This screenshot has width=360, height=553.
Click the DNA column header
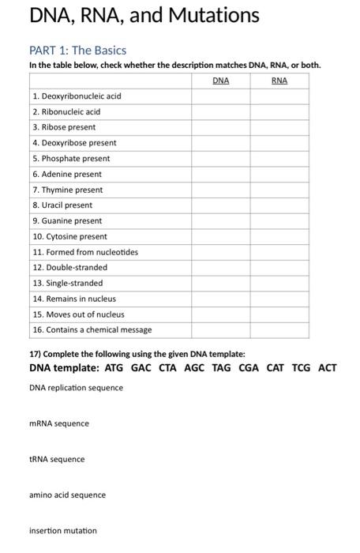[x=220, y=81]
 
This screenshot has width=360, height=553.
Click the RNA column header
[x=279, y=81]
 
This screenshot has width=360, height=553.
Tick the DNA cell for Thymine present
[x=220, y=190]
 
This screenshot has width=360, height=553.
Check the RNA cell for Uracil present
[x=279, y=205]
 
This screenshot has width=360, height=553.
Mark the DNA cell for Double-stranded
[x=220, y=268]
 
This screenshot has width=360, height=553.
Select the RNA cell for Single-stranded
[x=279, y=283]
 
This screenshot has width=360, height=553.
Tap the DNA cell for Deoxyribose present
[x=220, y=143]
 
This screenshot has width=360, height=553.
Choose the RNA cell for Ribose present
[x=279, y=127]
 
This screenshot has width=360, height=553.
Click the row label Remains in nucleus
[x=74, y=299]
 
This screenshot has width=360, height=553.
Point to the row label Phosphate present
[x=71, y=159]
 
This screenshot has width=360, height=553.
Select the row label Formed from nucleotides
[x=85, y=252]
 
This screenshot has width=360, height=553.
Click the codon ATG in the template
[x=114, y=368]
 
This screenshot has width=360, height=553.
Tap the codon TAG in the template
[x=223, y=368]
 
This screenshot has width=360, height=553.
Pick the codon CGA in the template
[x=250, y=368]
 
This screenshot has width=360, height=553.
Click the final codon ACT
[x=328, y=368]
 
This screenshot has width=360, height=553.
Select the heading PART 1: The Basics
[x=77, y=50]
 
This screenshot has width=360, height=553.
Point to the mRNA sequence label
[x=59, y=423]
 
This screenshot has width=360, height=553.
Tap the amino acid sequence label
[x=67, y=495]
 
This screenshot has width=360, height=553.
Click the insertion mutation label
[x=63, y=530]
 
